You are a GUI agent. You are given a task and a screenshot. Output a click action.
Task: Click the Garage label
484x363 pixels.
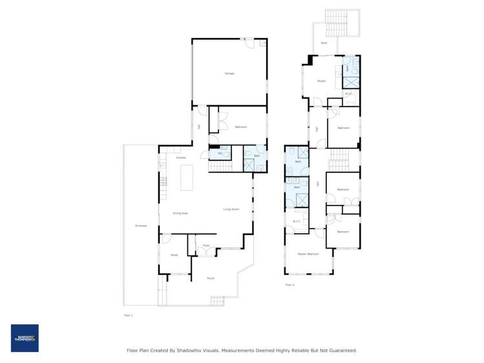coord(229,74)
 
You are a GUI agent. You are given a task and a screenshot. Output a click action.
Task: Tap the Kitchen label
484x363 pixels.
coord(182,158)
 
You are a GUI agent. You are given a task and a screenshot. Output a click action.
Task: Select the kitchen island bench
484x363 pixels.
coord(187,178)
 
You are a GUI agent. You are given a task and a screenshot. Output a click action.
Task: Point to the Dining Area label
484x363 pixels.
coord(180,213)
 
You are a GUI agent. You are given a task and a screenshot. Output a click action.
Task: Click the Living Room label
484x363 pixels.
coord(231,209)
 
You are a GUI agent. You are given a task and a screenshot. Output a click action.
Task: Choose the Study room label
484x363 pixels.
coord(174,255)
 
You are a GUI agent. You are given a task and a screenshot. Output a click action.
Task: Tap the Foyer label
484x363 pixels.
coord(206,245)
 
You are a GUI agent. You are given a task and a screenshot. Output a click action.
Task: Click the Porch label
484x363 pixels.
coord(211,278)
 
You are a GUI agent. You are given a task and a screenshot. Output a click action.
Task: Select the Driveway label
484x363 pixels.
coord(141,226)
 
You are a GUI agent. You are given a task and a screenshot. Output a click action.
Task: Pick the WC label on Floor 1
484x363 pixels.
coord(220,153)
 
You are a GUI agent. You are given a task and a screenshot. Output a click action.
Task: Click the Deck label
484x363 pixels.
coord(324,43)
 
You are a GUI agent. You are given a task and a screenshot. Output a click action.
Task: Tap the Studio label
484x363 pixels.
coord(322,81)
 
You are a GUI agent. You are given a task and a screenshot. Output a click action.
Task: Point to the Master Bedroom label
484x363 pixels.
coord(308,254)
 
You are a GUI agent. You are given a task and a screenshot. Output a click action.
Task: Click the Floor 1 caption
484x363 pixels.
coord(128,315)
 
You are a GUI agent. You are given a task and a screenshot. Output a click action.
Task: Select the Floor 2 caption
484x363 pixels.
coord(289,284)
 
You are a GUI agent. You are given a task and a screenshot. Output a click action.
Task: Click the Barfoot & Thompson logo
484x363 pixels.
coord(25,338)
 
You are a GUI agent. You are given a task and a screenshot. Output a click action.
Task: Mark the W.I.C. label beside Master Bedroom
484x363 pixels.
coord(297,222)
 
